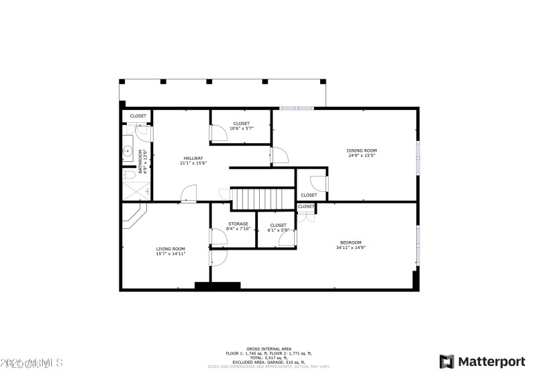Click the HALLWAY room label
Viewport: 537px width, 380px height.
(193, 158)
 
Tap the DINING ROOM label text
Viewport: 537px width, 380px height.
(361, 150)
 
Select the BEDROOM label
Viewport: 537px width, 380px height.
(350, 242)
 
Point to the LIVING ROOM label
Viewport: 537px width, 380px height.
(170, 248)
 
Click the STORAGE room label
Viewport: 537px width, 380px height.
(238, 224)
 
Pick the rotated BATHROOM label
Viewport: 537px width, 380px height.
(142, 162)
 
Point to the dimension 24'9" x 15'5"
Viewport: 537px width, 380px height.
(361, 156)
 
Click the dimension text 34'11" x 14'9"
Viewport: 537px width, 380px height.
(350, 248)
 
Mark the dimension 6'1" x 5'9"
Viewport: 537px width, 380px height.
(278, 230)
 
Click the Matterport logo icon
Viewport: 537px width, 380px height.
(446, 362)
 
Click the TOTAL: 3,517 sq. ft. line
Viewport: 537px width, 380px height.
(268, 358)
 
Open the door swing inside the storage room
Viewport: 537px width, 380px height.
(219, 237)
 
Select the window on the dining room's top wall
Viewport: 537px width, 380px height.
(296, 107)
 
